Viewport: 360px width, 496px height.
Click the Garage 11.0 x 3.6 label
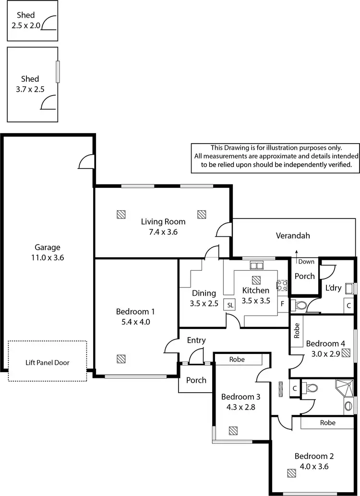pos(47,253)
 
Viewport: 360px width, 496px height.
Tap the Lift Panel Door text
pos(47,363)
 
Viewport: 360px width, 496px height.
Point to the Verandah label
pos(293,236)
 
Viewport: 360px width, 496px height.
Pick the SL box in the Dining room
pos(230,305)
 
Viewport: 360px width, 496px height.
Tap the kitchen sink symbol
pos(256,265)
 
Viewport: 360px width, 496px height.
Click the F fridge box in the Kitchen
pos(283,304)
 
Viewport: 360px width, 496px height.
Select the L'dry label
pos(333,288)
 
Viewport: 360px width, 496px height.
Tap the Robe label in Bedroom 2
pos(326,423)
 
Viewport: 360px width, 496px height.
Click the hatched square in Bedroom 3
pos(233,430)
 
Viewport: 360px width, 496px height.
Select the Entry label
pos(196,340)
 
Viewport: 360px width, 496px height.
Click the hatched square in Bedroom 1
pos(121,358)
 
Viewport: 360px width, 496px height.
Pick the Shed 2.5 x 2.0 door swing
pos(49,23)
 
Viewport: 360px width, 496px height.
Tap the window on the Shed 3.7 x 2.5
pos(57,72)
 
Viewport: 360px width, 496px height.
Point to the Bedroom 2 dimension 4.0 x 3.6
pos(314,466)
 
